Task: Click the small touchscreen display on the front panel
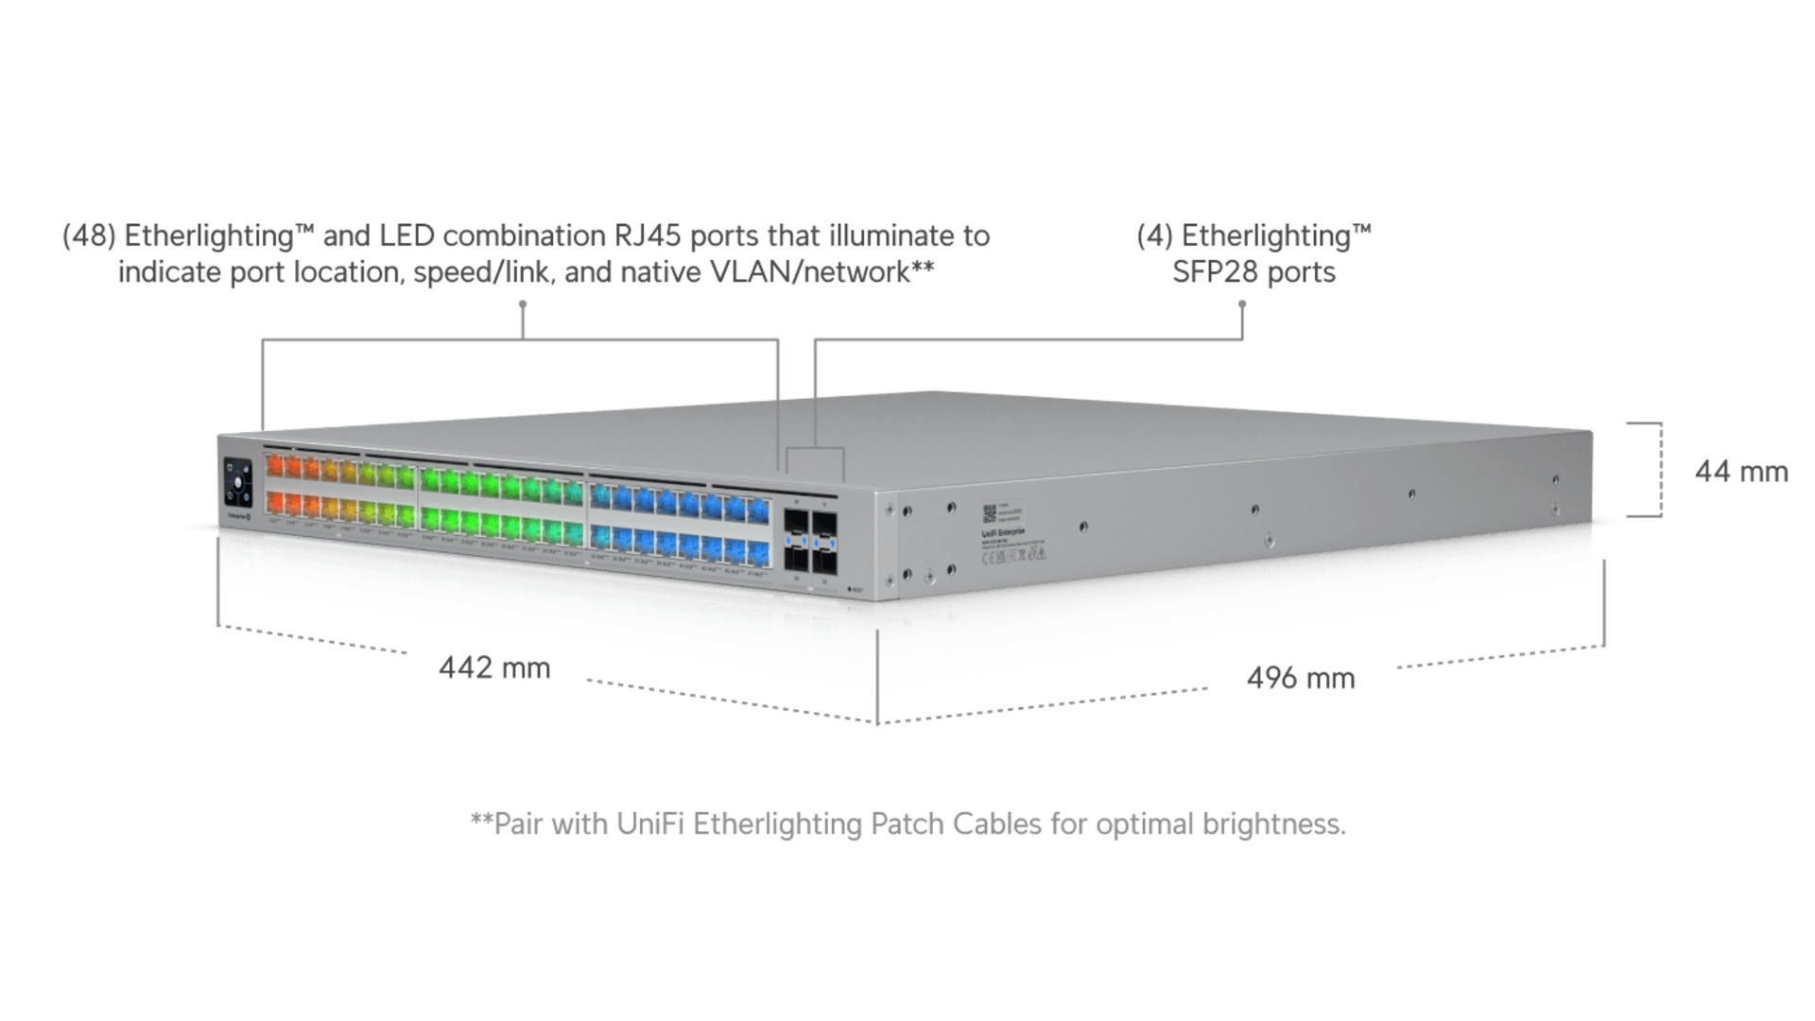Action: pos(236,482)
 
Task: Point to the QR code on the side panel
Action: pos(989,511)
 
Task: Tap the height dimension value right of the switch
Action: pos(1741,470)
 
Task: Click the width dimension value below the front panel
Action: pos(495,668)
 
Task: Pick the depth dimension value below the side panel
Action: pos(1301,677)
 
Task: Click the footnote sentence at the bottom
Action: pos(909,826)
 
